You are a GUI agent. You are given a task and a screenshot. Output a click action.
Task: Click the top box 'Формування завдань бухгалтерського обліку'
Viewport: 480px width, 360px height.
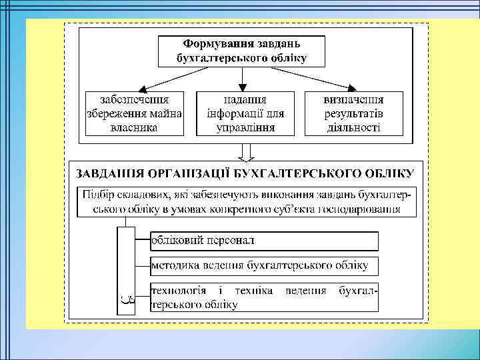coord(241,51)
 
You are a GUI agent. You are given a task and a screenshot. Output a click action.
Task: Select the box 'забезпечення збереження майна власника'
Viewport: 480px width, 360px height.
coord(134,113)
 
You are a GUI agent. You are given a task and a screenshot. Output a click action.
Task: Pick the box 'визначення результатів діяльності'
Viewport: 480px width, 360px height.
coord(353,113)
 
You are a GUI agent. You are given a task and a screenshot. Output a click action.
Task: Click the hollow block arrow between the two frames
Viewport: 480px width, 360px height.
coord(246,153)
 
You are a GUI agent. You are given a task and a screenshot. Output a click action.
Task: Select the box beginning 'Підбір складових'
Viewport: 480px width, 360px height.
coord(246,202)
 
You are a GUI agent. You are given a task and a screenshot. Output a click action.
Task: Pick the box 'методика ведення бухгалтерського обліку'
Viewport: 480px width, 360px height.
coord(264,265)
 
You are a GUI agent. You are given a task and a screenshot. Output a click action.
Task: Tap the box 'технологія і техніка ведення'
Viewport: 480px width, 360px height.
coord(264,297)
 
